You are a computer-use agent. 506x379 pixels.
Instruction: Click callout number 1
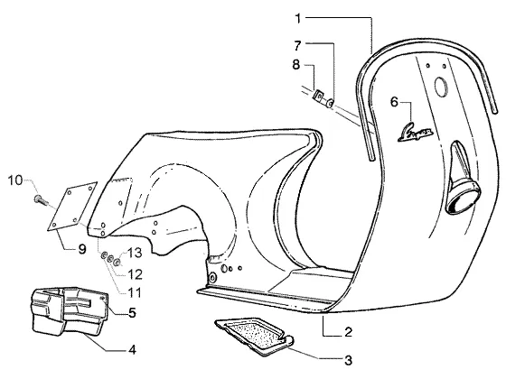pyautogui.click(x=298, y=19)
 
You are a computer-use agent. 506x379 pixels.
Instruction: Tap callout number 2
pyautogui.click(x=348, y=332)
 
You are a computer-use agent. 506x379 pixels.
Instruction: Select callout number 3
pyautogui.click(x=348, y=361)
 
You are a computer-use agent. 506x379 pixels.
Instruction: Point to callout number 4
pyautogui.click(x=132, y=350)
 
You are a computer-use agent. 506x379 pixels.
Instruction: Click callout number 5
pyautogui.click(x=132, y=312)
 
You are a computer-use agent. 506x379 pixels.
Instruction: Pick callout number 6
pyautogui.click(x=394, y=102)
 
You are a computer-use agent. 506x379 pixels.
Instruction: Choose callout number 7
pyautogui.click(x=297, y=46)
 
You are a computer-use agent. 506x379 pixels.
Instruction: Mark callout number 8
pyautogui.click(x=296, y=65)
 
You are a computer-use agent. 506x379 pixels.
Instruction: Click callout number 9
pyautogui.click(x=82, y=249)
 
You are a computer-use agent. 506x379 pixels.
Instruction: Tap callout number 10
pyautogui.click(x=15, y=180)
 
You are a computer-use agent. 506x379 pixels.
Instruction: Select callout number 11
pyautogui.click(x=135, y=293)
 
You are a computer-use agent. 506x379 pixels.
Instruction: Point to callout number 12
pyautogui.click(x=136, y=274)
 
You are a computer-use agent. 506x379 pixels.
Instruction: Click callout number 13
pyautogui.click(x=135, y=253)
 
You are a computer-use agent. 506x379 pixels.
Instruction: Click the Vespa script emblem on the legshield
pyautogui.click(x=416, y=132)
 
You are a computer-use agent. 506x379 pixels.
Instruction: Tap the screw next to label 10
pyautogui.click(x=41, y=199)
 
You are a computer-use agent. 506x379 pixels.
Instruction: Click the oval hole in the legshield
pyautogui.click(x=440, y=87)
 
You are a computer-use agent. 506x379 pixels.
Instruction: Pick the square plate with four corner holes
pyautogui.click(x=72, y=206)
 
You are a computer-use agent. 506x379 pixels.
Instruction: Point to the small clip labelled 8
pyautogui.click(x=320, y=95)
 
